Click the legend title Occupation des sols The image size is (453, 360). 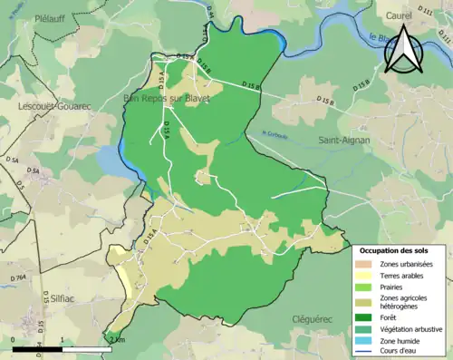(400, 250)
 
